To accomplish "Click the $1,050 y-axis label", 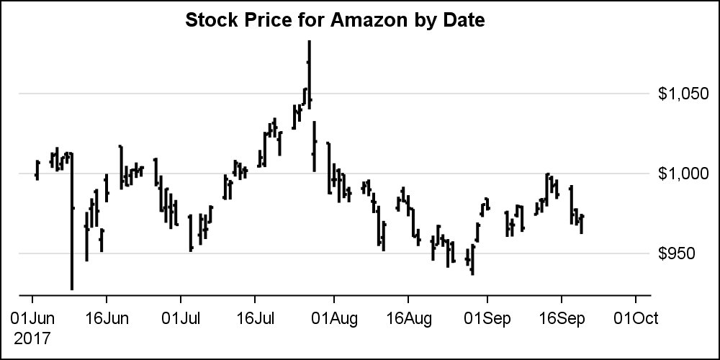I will tap(683, 94).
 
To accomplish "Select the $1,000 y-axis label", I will tap(683, 174).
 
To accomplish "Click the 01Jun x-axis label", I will tap(32, 318).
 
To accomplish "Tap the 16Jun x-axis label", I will tap(107, 318).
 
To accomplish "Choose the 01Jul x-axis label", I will tap(181, 318).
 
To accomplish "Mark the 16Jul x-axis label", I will tap(255, 318).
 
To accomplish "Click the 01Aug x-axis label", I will tap(333, 318).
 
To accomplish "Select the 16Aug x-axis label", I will tap(408, 318).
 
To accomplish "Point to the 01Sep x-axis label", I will tap(487, 318).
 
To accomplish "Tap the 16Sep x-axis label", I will tap(561, 318).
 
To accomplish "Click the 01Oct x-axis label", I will tap(635, 318).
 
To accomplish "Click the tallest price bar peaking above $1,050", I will tap(309, 72).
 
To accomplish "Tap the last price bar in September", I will tap(581, 223).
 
